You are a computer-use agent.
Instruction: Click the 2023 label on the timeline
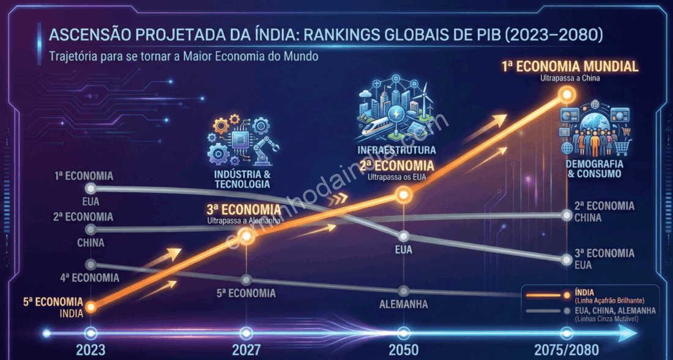[90, 350]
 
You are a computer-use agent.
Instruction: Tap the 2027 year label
[246, 350]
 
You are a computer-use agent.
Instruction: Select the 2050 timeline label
[403, 350]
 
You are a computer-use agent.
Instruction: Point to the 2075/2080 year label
[567, 350]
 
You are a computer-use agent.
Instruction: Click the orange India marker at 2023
[91, 307]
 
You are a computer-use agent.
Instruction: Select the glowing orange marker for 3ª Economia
[246, 236]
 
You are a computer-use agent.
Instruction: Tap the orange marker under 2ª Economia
[403, 195]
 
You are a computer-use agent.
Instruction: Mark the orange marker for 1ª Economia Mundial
[567, 94]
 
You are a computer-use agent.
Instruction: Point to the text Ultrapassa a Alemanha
[244, 220]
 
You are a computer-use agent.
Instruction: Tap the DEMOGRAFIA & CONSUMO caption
[595, 169]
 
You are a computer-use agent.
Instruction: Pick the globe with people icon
[594, 132]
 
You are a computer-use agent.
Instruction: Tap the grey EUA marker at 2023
[91, 188]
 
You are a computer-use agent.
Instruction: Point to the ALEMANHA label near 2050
[403, 304]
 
